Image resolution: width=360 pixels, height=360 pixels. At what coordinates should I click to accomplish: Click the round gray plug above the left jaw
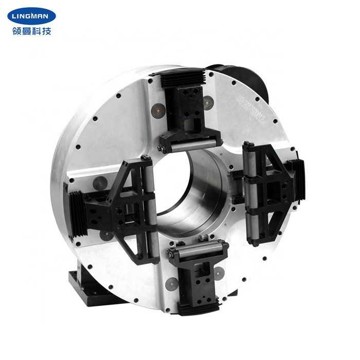coord(100,182)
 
